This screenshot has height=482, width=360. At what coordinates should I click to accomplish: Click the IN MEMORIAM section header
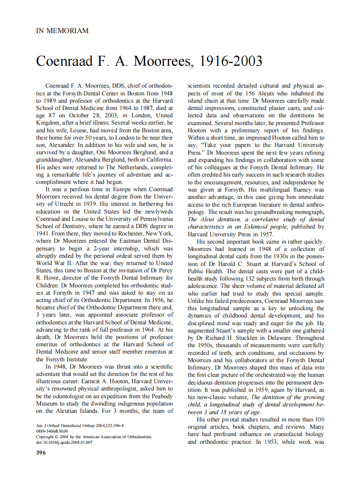62,31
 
